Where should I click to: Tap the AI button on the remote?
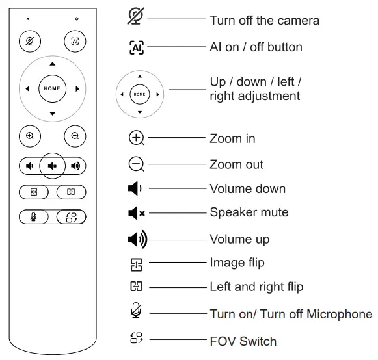click(75, 41)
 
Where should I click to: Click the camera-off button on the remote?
click(30, 41)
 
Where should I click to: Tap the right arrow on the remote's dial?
click(77, 89)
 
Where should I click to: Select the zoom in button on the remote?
click(30, 136)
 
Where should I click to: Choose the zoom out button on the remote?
click(75, 136)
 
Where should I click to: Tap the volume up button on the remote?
click(75, 166)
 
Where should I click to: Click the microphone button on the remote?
click(34, 217)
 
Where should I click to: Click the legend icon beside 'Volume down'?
click(135, 188)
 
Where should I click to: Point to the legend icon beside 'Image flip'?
click(136, 264)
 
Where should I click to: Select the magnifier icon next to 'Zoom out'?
click(137, 164)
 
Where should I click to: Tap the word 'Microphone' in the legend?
click(340, 314)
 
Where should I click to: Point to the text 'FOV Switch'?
click(243, 341)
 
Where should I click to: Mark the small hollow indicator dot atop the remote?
click(77, 19)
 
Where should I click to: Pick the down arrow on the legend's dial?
click(140, 112)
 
